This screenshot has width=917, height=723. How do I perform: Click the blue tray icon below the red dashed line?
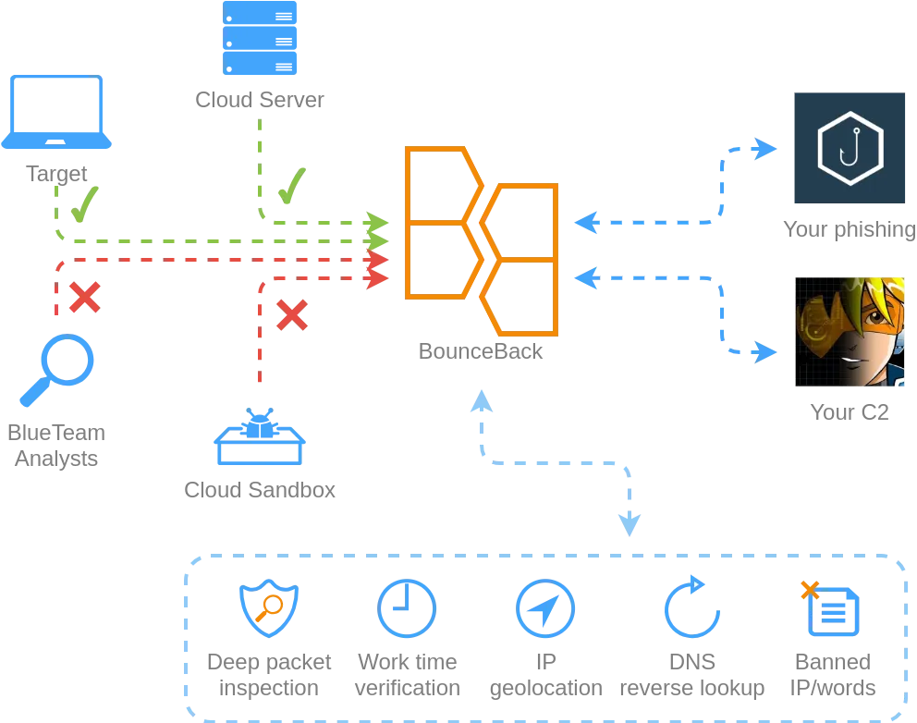(x=258, y=441)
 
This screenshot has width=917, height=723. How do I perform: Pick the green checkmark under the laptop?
(x=83, y=204)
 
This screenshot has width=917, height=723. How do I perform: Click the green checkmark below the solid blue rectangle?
(x=291, y=186)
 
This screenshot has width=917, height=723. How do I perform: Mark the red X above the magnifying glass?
(x=84, y=298)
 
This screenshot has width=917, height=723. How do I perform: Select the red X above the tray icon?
(x=292, y=315)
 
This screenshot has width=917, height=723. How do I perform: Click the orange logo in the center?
(x=482, y=241)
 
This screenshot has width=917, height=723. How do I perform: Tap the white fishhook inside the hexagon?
(x=850, y=147)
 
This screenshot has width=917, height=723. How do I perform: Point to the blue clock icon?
(x=407, y=608)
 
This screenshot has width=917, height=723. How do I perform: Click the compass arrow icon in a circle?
(x=544, y=608)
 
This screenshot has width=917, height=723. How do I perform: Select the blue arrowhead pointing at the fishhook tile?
(x=765, y=149)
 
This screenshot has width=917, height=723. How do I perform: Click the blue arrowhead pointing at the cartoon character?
(x=765, y=352)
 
